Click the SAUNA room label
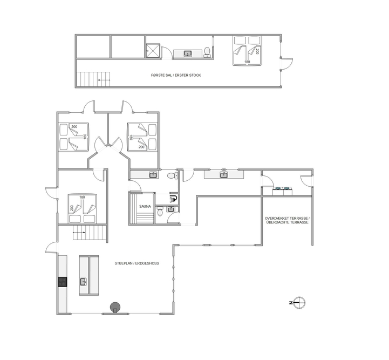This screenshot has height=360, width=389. pyautogui.click(x=145, y=206)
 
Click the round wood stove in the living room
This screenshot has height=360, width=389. pyautogui.click(x=115, y=307)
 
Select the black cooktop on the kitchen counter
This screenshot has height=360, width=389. pyautogui.click(x=63, y=282)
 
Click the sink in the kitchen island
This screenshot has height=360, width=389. pyautogui.click(x=83, y=282)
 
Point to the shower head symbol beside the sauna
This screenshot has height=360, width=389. pyautogui.click(x=173, y=198)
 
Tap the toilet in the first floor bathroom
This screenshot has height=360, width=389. pyautogui.click(x=207, y=52)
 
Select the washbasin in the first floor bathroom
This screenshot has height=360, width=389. pyautogui.click(x=188, y=53)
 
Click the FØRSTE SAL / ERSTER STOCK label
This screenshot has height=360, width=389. pyautogui.click(x=176, y=75)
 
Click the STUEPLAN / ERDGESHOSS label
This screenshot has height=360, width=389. pyautogui.click(x=137, y=263)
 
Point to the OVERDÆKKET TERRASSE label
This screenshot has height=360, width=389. pyautogui.click(x=286, y=219)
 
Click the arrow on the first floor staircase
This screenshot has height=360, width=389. pyautogui.click(x=104, y=80)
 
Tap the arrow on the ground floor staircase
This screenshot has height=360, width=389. pyautogui.click(x=79, y=233)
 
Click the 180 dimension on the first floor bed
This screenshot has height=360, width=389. pyautogui.click(x=247, y=62)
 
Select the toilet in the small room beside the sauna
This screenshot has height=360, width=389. pyautogui.click(x=160, y=211)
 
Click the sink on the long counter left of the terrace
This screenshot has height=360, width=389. pyautogui.click(x=224, y=175)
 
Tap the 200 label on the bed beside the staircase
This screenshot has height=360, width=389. pyautogui.click(x=71, y=208)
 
